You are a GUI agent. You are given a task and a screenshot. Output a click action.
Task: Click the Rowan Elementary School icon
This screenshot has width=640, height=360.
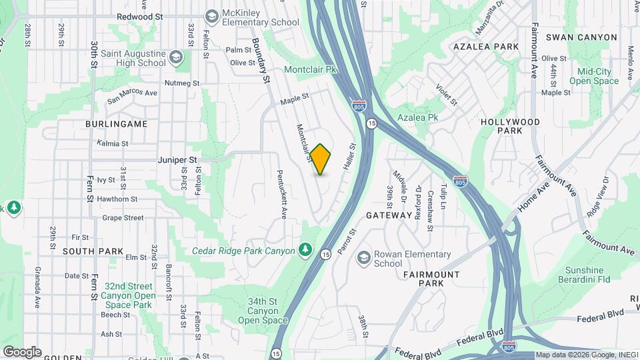click(x=363, y=258)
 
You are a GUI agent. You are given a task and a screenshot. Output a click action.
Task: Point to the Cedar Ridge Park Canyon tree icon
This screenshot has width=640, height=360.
click(x=305, y=249)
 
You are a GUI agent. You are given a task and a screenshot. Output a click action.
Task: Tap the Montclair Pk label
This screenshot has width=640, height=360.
click(x=311, y=69)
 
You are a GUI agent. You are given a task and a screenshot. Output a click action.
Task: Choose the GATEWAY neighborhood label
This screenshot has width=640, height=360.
click(x=389, y=215)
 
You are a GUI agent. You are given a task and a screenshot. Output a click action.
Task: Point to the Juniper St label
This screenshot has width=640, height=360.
click(x=178, y=160)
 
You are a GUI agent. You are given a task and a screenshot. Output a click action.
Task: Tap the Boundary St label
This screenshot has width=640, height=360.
click(x=260, y=60)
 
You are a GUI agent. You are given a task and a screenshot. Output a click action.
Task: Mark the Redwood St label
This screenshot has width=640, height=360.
click(x=139, y=16)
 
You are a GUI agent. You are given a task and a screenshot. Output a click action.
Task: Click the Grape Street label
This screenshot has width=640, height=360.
click(x=123, y=217)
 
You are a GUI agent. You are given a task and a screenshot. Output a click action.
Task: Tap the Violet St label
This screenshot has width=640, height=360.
click(x=446, y=95)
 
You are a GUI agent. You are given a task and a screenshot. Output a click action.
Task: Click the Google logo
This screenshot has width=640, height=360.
click(x=22, y=351)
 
